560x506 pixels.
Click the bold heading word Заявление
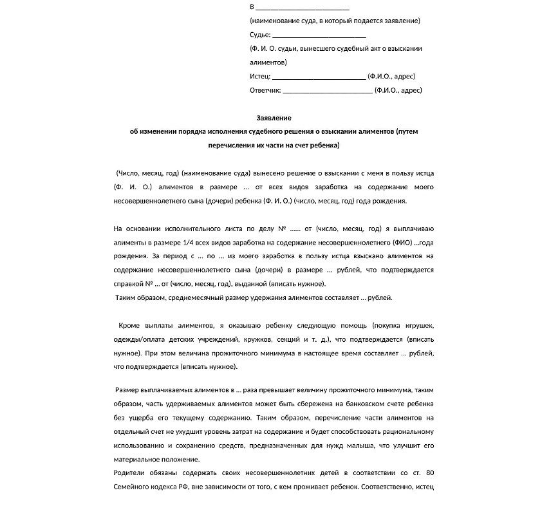[x=274, y=118]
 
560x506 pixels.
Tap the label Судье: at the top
[x=260, y=35]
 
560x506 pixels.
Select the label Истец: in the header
[x=260, y=76]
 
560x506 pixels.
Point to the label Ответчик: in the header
[x=265, y=90]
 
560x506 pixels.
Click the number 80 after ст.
[x=429, y=473]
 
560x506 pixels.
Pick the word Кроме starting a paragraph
[x=130, y=325]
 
